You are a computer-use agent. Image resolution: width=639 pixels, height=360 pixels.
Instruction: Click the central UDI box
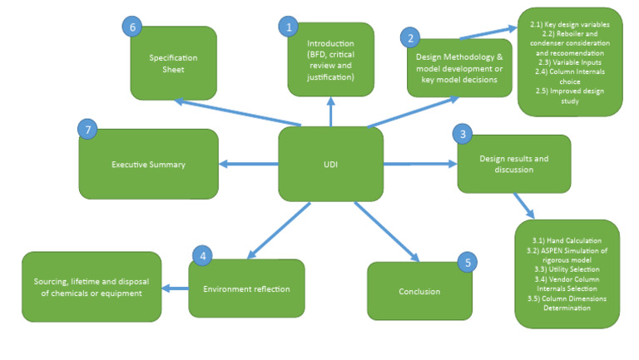330,164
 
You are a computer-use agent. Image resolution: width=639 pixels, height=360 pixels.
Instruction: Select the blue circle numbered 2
409,37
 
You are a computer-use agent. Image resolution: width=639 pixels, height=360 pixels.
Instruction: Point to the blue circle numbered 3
463,135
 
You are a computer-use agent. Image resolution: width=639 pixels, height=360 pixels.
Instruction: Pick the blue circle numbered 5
468,263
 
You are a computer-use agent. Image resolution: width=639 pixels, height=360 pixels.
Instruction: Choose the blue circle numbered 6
131,27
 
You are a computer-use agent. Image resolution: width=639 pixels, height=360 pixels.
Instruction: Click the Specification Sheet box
173,63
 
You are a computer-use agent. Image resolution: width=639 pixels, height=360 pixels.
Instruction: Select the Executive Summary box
148,165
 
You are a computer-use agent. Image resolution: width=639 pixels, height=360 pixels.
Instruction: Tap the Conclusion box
419,292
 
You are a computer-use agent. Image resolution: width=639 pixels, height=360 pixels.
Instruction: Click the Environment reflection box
246,289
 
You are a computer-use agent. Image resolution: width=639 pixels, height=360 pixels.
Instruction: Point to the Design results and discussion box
513,163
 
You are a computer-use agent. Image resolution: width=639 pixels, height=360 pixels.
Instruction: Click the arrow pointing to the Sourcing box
175,288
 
